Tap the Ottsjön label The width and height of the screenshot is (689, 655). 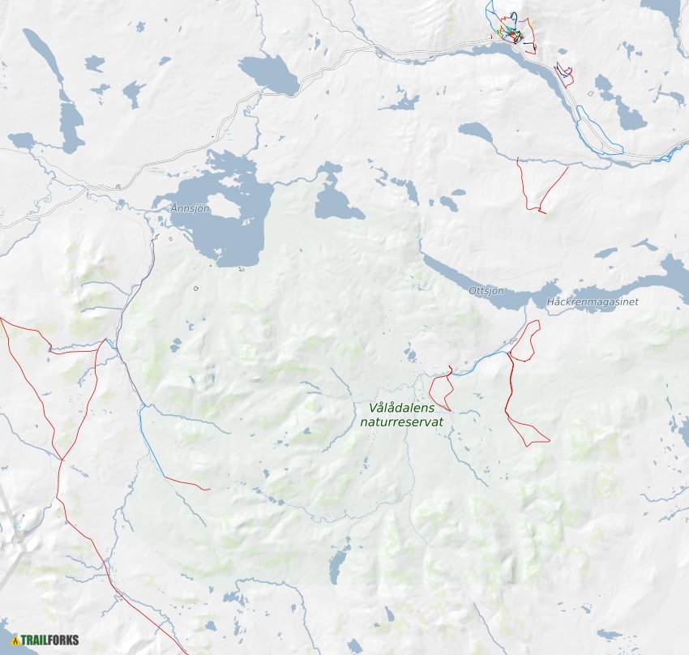point(486,290)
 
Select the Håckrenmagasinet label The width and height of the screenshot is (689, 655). point(593,302)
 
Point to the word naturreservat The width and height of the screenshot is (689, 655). point(401,422)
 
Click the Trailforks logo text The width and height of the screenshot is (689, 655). point(50,640)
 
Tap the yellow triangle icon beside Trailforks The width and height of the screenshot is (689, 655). point(14,640)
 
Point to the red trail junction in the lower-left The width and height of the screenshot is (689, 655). point(61,460)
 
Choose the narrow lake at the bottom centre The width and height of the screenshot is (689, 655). point(340,559)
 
